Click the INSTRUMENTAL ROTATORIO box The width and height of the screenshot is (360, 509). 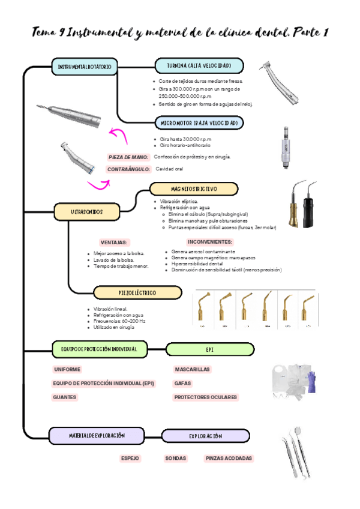point(84,66)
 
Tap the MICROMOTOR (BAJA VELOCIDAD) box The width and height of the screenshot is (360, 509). point(199,123)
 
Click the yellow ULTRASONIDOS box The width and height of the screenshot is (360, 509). point(86,212)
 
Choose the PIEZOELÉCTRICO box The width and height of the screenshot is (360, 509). point(137,292)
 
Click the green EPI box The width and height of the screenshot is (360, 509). point(209,349)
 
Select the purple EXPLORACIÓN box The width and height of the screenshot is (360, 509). point(205,436)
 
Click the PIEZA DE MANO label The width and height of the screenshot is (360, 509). point(128,157)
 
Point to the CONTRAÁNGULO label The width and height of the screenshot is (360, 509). point(128,170)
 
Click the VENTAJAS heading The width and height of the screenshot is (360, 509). point(113,242)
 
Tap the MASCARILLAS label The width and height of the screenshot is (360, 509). point(192,369)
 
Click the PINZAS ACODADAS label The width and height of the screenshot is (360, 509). point(228,458)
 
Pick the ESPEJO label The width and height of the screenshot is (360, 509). point(130,458)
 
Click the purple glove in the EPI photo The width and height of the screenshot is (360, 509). point(311,382)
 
